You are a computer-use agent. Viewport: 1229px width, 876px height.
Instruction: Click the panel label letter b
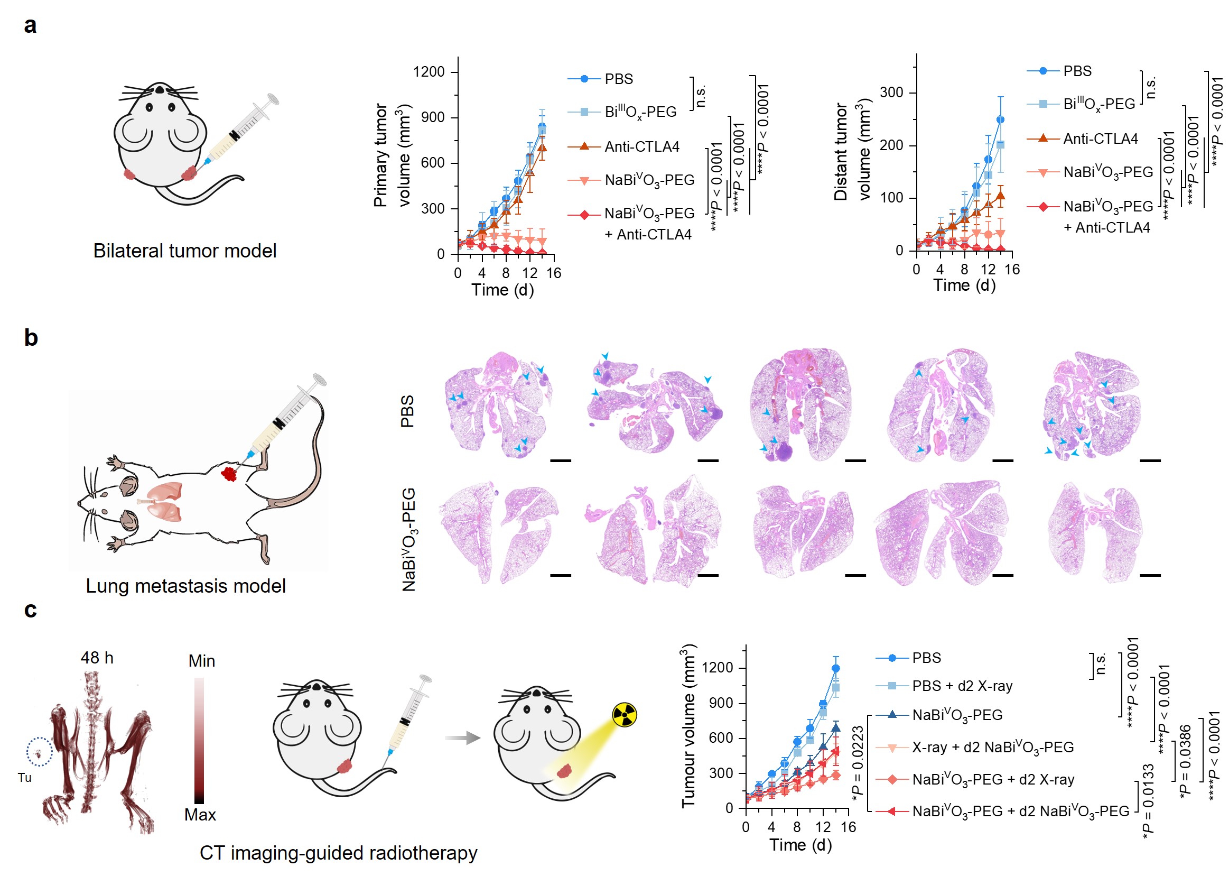[x=31, y=338]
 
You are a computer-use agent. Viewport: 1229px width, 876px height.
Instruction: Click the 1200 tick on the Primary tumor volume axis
[x=429, y=72]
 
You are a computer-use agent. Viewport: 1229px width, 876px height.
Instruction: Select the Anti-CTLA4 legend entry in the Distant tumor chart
[x=1100, y=139]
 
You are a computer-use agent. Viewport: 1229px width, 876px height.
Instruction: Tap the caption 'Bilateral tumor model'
[x=184, y=251]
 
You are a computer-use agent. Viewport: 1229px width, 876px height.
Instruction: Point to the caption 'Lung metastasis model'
[x=185, y=586]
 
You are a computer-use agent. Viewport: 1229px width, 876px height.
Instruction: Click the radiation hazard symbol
[x=624, y=715]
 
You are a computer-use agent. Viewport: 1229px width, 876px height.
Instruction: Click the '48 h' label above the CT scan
[x=97, y=658]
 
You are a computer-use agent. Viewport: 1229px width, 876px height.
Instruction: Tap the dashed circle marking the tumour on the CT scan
[x=39, y=751]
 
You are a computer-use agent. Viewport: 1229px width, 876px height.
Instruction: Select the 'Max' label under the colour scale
[x=200, y=815]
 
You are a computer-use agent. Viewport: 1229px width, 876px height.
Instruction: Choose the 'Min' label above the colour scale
[x=202, y=661]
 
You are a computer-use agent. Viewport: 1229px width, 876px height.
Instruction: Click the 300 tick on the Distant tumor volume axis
[x=891, y=93]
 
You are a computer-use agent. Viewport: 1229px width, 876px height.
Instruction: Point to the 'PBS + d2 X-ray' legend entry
[x=962, y=686]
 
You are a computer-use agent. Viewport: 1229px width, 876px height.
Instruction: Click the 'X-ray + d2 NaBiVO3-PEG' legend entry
[x=992, y=747]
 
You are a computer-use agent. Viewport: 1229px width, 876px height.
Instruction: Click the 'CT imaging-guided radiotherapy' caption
[x=338, y=853]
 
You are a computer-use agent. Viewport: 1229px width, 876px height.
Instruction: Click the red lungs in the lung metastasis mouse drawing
[x=165, y=502]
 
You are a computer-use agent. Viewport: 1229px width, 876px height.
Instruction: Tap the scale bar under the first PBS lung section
[x=560, y=460]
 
